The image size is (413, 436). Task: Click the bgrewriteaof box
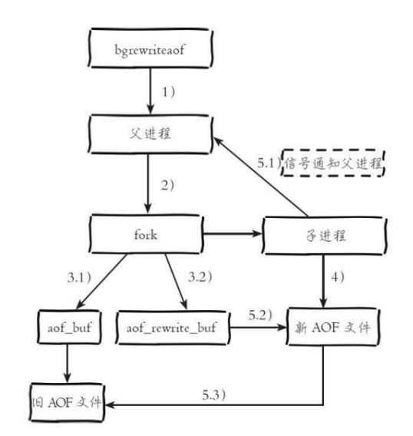150,48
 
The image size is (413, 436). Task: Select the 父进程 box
150,134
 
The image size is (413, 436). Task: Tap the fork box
146,234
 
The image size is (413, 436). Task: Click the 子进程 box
325,236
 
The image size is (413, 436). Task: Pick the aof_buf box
69,327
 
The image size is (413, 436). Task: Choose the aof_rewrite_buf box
173,328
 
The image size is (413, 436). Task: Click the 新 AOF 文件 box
332,327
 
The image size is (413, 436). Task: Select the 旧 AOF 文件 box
67,402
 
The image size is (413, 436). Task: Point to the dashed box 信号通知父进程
332,163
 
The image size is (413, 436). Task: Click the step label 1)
169,92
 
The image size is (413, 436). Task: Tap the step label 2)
167,185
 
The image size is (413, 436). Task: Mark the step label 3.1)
79,278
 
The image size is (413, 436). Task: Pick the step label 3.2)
200,277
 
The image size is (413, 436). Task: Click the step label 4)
338,277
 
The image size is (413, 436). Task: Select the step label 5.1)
269,163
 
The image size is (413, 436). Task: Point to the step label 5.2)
260,315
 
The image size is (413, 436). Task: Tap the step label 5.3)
213,395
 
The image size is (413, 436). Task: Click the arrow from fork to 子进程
233,233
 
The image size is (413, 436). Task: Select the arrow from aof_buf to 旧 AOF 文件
67,363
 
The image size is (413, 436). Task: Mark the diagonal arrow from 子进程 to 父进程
260,177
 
